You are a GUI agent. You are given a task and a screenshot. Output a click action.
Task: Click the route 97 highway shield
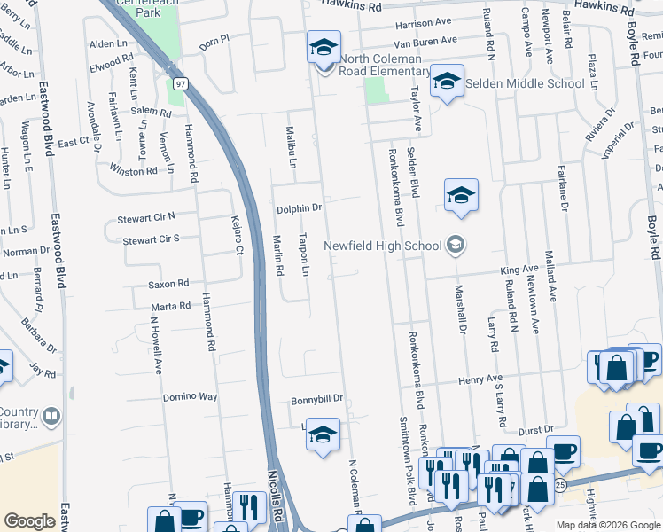coord(181,84)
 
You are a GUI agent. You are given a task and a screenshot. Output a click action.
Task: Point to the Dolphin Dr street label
coord(298,208)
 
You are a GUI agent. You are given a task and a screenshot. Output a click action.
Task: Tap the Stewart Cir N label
coord(146,217)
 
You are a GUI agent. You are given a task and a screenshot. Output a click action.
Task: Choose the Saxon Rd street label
coord(169,284)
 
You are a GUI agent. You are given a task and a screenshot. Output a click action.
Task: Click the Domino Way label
coord(191,397)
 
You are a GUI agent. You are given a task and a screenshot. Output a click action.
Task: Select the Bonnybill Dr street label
coord(316,401)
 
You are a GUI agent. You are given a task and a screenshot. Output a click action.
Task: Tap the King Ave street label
coord(519,269)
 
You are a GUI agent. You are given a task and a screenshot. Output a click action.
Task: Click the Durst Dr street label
coord(536,429)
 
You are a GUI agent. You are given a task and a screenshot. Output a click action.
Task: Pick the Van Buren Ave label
coord(425,40)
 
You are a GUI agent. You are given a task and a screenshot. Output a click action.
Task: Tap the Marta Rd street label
coord(171,307)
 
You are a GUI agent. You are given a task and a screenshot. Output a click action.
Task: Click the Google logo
coord(29,521)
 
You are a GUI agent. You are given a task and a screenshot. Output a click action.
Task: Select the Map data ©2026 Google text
coord(607,525)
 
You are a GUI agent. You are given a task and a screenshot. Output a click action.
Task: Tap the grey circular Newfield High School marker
coord(456,245)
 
